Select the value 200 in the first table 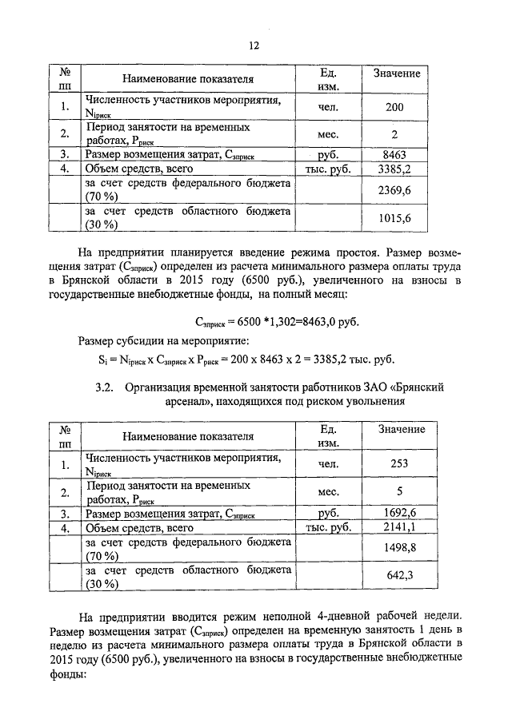pyautogui.click(x=394, y=107)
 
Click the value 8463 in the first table pyautogui.click(x=394, y=154)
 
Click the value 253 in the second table pyautogui.click(x=394, y=464)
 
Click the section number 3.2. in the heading pyautogui.click(x=106, y=387)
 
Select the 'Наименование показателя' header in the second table pyautogui.click(x=188, y=436)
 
